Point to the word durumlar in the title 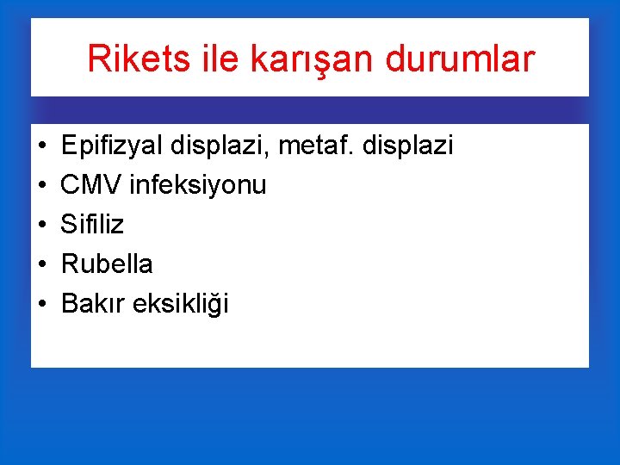tap(461, 59)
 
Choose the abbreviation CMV tap(90, 185)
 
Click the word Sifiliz tap(92, 225)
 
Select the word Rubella tap(107, 263)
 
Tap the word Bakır tap(94, 303)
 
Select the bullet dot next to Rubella tap(42, 264)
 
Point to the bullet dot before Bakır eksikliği tap(42, 304)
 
